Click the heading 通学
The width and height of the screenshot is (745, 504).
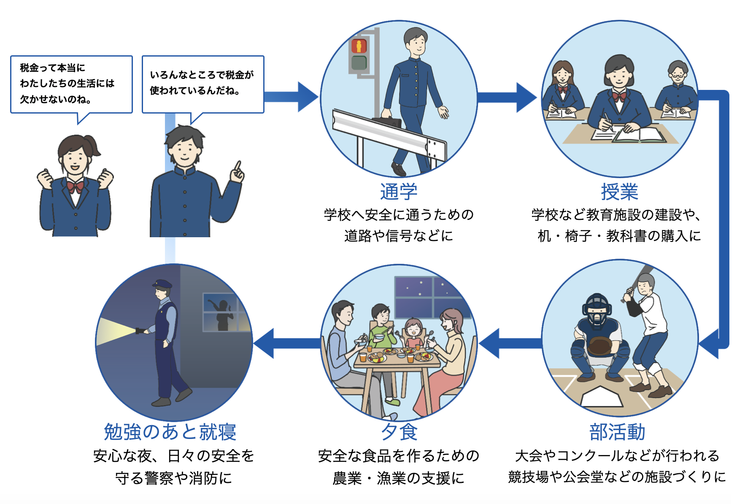pos(398,192)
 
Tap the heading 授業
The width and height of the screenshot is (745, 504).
pos(619,192)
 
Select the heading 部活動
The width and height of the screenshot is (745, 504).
pos(617,432)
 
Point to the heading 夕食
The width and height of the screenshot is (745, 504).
pos(399,432)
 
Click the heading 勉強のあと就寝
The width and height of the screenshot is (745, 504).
pos(170,432)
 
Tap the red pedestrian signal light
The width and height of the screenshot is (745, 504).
pos(359,46)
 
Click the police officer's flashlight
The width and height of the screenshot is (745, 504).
pos(140,331)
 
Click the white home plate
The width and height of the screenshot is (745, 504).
pos(602,397)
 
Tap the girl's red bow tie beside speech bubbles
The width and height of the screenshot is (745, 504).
pos(75,186)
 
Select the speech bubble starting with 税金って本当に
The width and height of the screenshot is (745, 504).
pos(71,84)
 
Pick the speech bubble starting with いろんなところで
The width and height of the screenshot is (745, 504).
pos(202,84)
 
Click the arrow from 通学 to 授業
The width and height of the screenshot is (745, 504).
pos(506,98)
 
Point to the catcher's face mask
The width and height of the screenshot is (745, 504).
pos(597,310)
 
